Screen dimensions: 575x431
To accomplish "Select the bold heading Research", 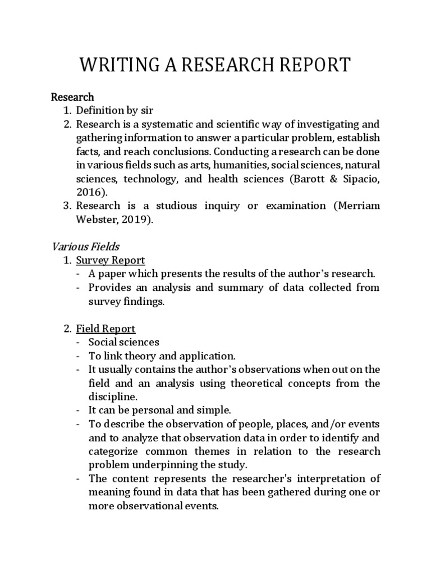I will click(x=72, y=97).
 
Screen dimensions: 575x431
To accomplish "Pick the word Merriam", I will click(x=360, y=206).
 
